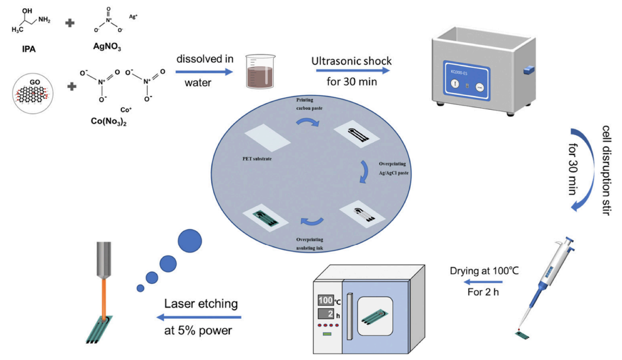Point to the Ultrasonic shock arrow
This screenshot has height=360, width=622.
352,70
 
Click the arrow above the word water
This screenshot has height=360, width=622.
204,70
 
